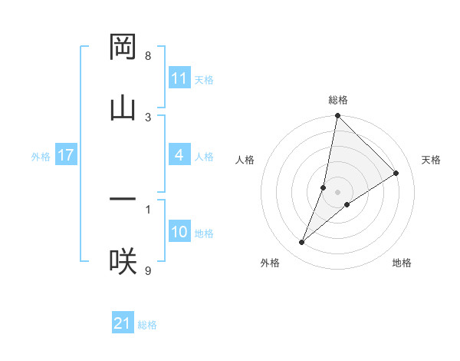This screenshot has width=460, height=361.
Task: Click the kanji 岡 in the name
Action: (x=123, y=48)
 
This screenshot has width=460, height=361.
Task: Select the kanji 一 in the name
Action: (x=123, y=200)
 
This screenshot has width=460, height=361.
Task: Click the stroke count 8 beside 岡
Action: (x=148, y=56)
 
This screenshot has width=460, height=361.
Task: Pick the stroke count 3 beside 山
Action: (x=148, y=117)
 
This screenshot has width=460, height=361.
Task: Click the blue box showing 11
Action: (x=179, y=78)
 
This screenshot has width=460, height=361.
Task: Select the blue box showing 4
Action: (x=179, y=155)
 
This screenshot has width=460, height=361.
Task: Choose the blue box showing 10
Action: (x=179, y=232)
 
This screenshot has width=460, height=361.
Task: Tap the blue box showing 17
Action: (x=66, y=155)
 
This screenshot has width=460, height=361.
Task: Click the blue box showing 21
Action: (x=123, y=323)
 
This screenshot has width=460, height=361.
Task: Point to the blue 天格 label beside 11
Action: (x=204, y=79)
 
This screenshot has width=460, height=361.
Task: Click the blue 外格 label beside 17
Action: (x=41, y=156)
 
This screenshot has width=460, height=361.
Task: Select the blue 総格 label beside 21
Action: (x=147, y=324)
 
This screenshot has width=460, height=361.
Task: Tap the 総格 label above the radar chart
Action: (x=338, y=100)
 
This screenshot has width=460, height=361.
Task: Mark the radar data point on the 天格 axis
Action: (x=396, y=173)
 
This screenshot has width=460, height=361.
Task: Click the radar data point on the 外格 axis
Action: (x=302, y=243)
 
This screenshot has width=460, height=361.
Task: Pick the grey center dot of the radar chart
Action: (x=338, y=191)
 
